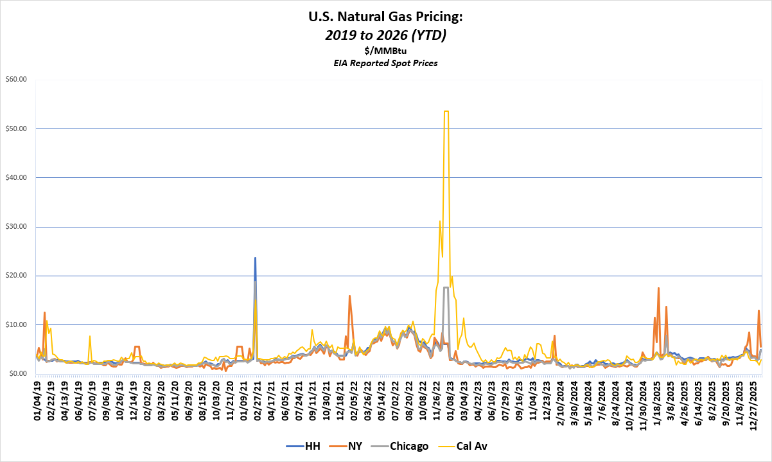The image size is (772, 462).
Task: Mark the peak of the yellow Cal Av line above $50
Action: (446, 111)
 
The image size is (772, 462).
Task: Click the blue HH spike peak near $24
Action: (255, 258)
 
